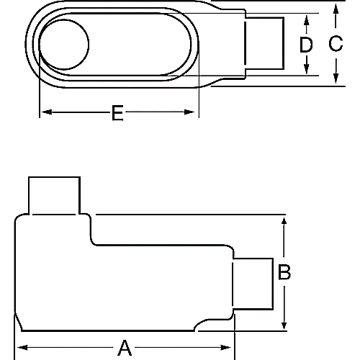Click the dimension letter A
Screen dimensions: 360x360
point(125,348)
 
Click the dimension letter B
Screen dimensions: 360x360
point(285,272)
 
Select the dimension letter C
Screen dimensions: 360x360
point(336,44)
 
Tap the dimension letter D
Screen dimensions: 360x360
point(307,45)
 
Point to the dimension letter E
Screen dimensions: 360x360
point(117,112)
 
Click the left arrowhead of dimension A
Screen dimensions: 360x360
point(21,348)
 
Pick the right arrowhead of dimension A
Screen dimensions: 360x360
point(231,348)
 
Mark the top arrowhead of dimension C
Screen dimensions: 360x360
point(336,7)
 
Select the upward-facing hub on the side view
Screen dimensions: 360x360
point(53,195)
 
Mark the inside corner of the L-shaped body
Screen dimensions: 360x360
point(92,242)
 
